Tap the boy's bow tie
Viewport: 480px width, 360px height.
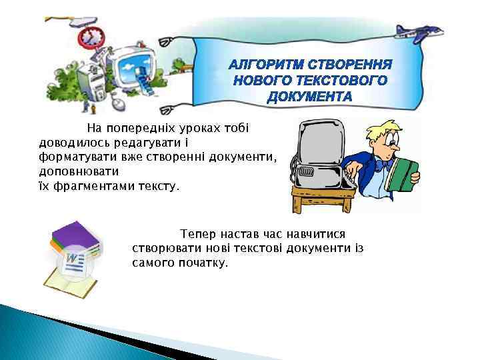(x=383, y=162)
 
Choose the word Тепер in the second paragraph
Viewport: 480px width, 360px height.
(x=197, y=234)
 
